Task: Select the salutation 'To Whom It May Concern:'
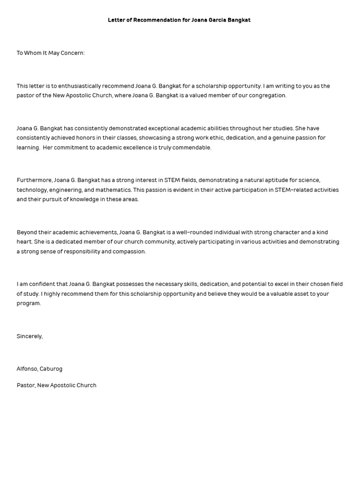click(51, 53)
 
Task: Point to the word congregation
click(268, 96)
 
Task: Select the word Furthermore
click(34, 180)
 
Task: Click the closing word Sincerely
click(29, 336)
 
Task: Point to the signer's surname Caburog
click(52, 369)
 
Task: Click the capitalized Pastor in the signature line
click(25, 385)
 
